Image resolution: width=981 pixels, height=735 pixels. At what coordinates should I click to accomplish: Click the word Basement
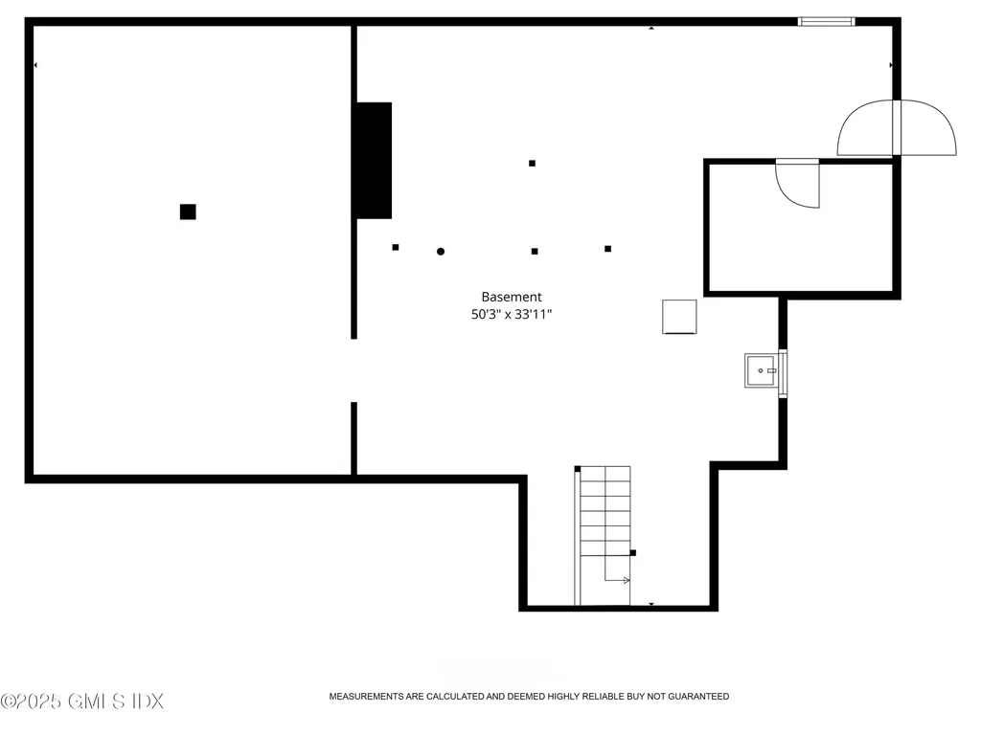(512, 297)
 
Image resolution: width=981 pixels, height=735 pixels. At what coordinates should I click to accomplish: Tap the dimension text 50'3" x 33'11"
(512, 313)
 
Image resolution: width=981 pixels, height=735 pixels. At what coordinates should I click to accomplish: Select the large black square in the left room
(188, 212)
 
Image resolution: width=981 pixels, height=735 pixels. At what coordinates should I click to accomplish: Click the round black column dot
(441, 252)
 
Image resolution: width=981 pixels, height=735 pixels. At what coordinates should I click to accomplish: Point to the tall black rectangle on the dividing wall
(374, 160)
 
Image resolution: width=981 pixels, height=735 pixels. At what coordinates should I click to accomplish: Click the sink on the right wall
(762, 370)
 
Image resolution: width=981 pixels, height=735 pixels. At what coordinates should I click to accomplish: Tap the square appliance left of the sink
(679, 317)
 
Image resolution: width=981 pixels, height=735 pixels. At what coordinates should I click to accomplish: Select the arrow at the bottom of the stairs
(618, 578)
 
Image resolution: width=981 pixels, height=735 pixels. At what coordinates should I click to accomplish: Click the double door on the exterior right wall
(897, 129)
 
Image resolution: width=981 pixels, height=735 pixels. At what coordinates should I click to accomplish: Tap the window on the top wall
(827, 20)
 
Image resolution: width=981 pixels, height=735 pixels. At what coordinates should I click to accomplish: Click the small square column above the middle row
(532, 163)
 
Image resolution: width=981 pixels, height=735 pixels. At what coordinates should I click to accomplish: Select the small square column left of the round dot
(395, 247)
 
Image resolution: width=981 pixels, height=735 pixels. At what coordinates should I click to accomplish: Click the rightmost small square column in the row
(607, 249)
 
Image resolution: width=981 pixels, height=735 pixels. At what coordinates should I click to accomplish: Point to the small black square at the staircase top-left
(578, 468)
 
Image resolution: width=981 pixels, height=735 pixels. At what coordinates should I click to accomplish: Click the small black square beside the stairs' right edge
(633, 552)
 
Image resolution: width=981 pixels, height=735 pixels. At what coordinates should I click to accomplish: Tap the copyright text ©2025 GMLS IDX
(82, 702)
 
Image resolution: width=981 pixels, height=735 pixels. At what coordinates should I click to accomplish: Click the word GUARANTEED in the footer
(698, 697)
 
